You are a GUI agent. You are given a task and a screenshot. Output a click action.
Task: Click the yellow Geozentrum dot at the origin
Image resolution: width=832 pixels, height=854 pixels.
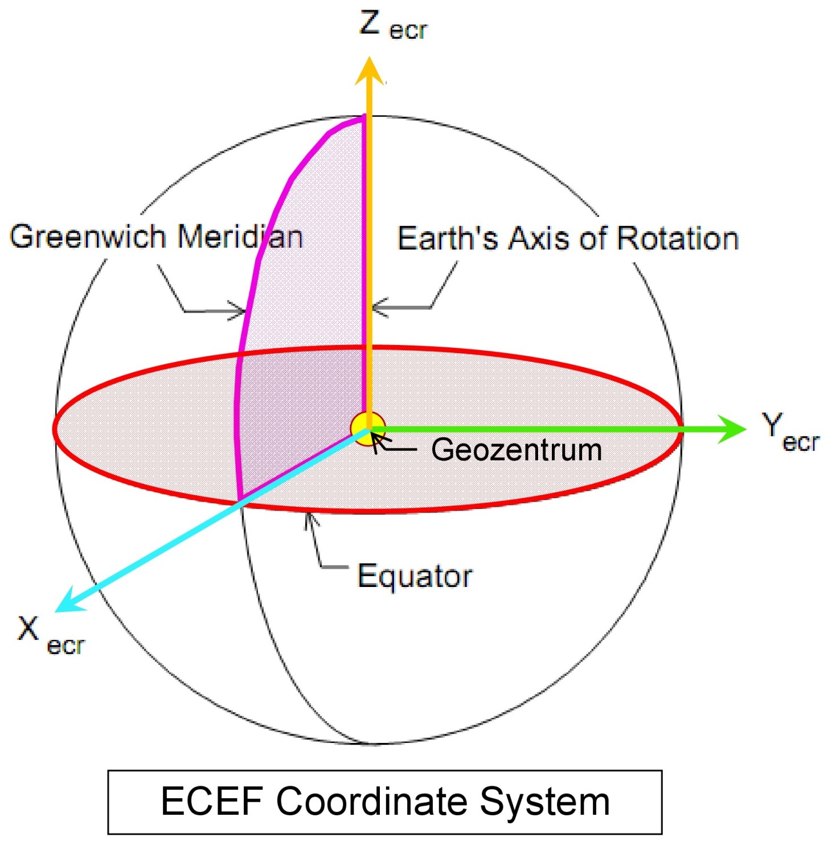coord(368,429)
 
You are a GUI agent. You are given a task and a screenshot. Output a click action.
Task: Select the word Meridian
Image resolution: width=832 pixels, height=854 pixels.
coord(240,236)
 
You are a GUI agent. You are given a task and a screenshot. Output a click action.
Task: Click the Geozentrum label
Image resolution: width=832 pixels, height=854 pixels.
coord(516,450)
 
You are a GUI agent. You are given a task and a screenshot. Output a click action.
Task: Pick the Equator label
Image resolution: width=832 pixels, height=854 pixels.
coord(415,576)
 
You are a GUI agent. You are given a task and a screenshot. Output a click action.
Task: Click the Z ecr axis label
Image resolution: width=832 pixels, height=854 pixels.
coord(393,26)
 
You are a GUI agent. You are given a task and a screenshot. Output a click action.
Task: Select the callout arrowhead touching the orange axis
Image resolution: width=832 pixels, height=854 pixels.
coord(377,307)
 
